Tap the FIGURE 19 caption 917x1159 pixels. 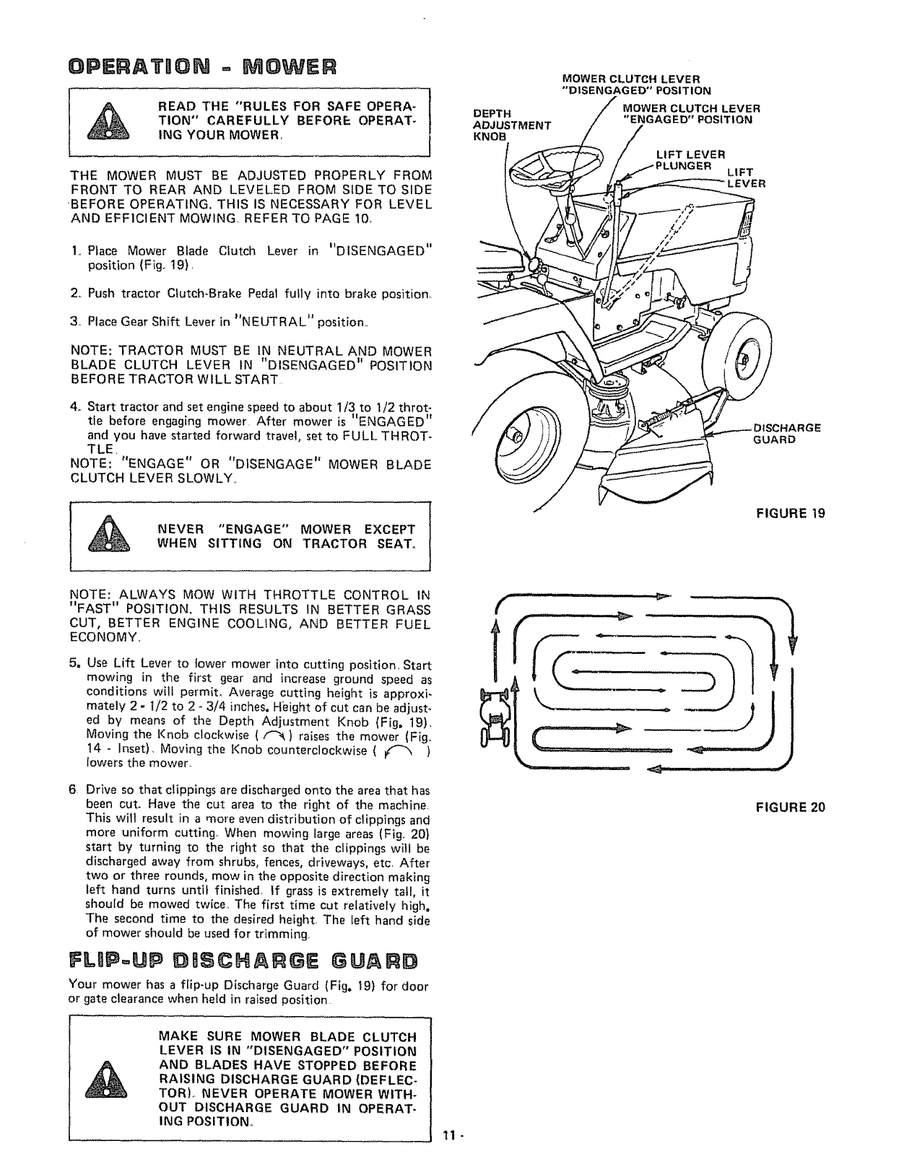(x=790, y=513)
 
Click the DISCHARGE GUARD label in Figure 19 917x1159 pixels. (x=786, y=433)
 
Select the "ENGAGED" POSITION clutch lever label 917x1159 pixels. (x=687, y=114)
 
